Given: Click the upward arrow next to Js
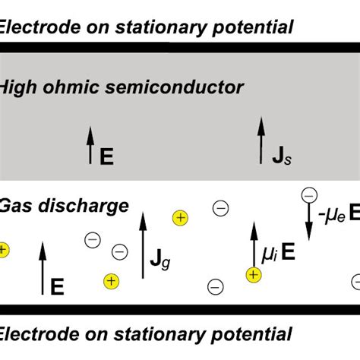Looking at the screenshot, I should pos(262,139).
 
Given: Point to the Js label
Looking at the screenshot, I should pos(281,156).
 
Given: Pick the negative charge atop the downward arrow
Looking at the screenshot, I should pos(309,194).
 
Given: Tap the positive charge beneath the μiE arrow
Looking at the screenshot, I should pos(251,275).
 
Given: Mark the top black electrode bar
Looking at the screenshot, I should pos(180,47).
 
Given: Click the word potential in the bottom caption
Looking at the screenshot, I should pos(254,333).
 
